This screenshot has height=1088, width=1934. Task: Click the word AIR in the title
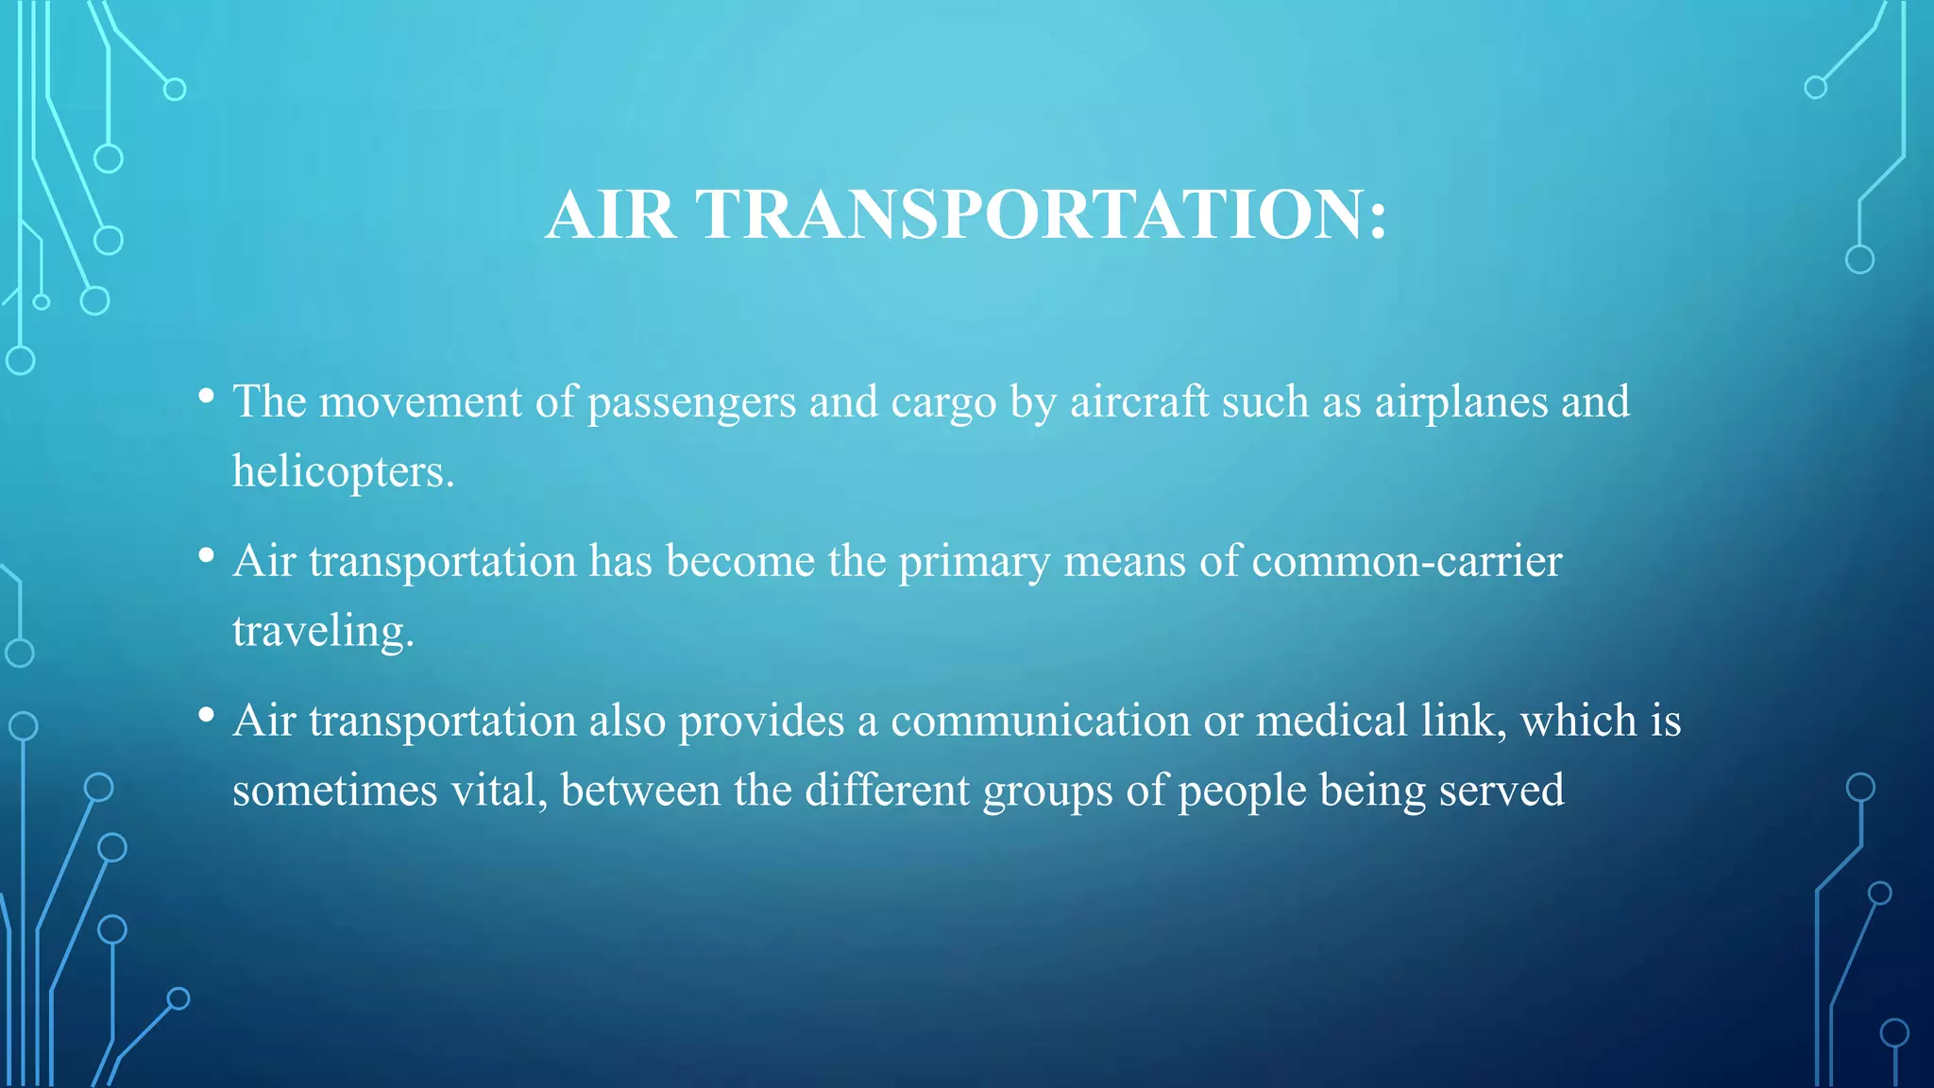(611, 214)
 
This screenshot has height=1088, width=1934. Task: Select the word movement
(420, 402)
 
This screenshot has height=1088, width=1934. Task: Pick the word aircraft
(1139, 402)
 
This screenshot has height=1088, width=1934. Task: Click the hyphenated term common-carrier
(1407, 562)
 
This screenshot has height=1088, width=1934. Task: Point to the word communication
(1040, 722)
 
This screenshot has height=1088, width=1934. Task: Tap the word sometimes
(335, 790)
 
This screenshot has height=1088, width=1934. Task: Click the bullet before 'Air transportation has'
(206, 556)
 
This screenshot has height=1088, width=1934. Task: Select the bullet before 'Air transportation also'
(206, 716)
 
